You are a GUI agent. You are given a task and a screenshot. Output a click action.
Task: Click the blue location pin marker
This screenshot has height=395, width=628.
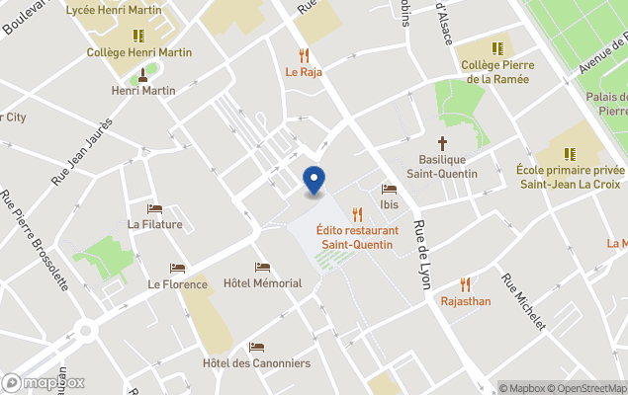pyautogui.click(x=314, y=181)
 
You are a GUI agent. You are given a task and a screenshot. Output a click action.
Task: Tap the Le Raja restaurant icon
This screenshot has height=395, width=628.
pyautogui.click(x=305, y=56)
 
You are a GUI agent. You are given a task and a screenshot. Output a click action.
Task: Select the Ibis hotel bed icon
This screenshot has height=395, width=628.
pyautogui.click(x=389, y=190)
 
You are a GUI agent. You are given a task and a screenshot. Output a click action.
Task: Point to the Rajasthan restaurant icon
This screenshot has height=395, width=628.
pyautogui.click(x=465, y=284)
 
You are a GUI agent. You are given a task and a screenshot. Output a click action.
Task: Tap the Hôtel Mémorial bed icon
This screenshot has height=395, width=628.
pyautogui.click(x=262, y=268)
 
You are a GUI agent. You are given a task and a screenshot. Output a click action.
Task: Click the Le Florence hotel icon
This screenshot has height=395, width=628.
pyautogui.click(x=177, y=269)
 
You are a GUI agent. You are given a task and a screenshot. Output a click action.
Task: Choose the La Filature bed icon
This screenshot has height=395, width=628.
pyautogui.click(x=154, y=208)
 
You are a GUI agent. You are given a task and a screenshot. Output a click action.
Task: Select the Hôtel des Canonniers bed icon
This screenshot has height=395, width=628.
pyautogui.click(x=256, y=348)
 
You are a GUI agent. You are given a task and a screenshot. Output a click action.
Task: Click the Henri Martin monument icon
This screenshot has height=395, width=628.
pyautogui.click(x=143, y=74)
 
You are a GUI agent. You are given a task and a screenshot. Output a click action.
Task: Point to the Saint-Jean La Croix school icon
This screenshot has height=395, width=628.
pyautogui.click(x=570, y=154)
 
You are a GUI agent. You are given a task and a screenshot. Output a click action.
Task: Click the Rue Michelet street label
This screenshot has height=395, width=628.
pyautogui.click(x=523, y=301)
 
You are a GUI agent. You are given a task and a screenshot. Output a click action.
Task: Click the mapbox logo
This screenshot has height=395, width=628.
pyautogui.click(x=44, y=382)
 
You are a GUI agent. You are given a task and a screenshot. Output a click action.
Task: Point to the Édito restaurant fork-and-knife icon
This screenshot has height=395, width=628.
pyautogui.click(x=357, y=214)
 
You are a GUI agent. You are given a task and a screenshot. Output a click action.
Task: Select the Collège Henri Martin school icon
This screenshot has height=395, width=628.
pyautogui.click(x=135, y=36)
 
